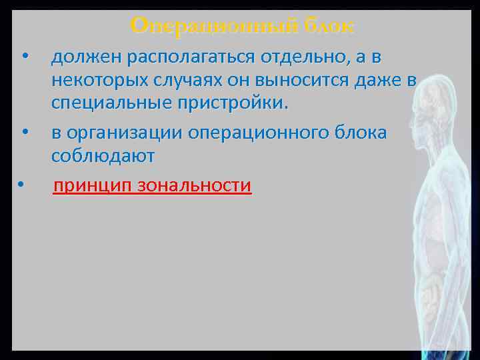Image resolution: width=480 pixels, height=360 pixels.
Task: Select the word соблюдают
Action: click(103, 156)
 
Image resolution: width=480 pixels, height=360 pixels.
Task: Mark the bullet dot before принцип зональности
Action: click(22, 182)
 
